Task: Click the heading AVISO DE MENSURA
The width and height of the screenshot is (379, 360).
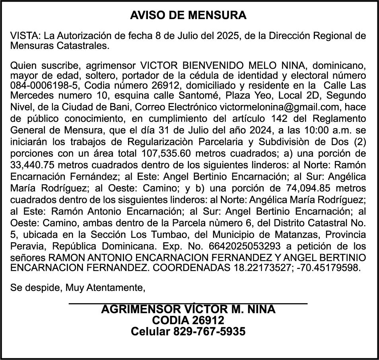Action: pos(189,16)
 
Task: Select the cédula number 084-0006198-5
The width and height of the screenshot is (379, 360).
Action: pos(38,86)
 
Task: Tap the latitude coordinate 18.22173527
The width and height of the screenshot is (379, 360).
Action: pos(260,268)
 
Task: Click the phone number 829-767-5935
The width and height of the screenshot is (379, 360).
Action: pos(209,331)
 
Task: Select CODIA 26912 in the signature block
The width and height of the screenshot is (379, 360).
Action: pos(189,320)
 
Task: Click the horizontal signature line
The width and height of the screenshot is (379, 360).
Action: pos(189,304)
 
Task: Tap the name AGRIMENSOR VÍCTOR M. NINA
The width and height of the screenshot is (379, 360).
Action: pos(189,309)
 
